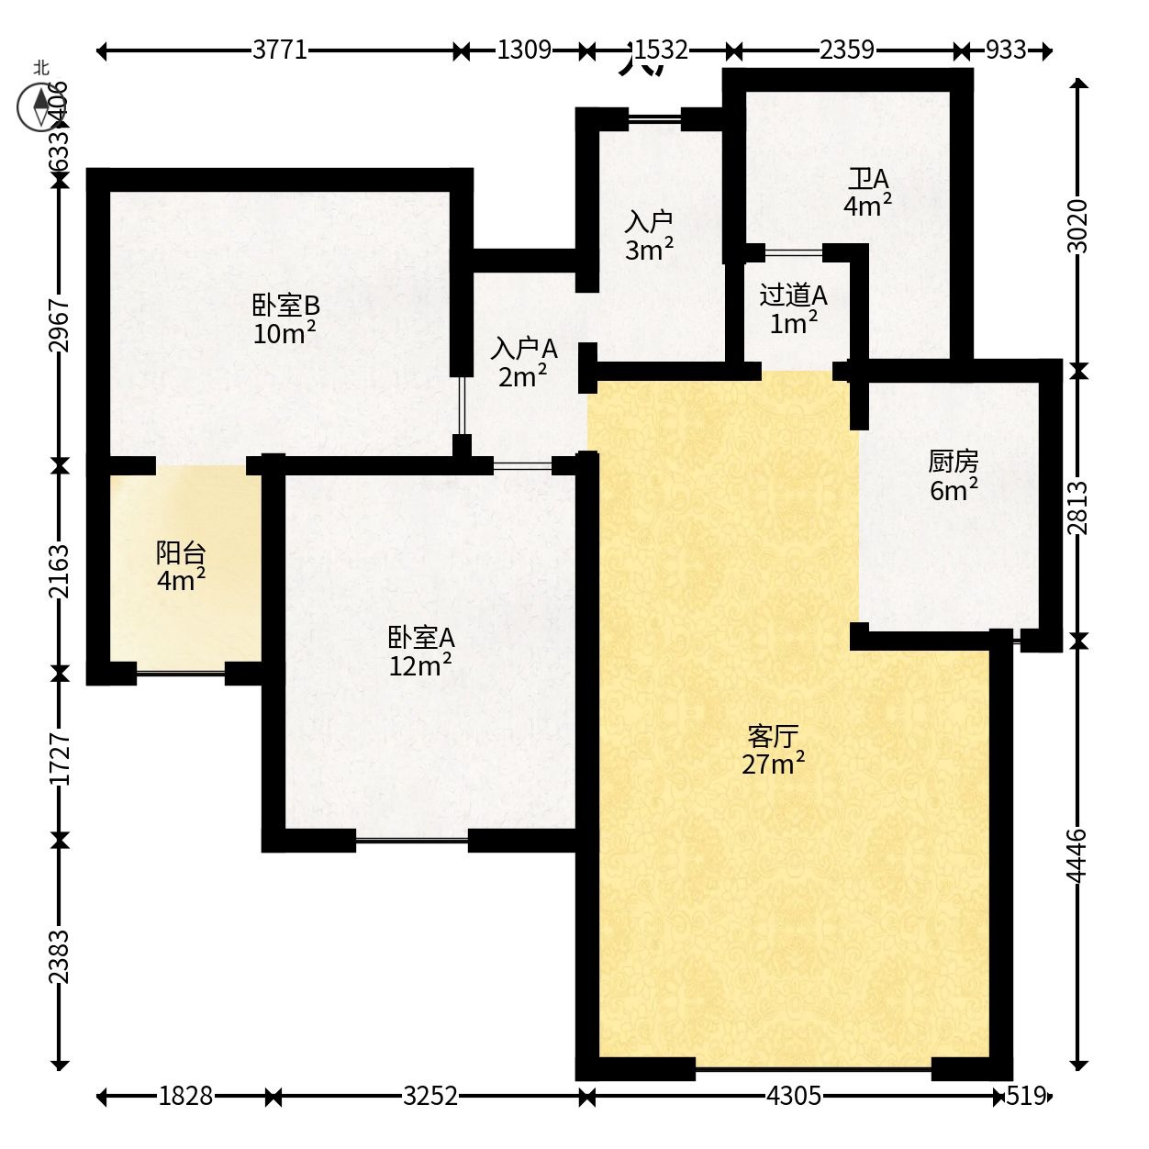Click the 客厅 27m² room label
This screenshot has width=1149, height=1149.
pos(773,751)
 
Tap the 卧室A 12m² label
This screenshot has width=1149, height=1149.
pos(421,652)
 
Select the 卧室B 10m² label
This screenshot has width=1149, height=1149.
pos(285,319)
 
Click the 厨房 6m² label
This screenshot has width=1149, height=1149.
pos(954,476)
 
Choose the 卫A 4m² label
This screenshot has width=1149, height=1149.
pos(868,193)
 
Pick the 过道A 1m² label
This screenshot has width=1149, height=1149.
pos(794,309)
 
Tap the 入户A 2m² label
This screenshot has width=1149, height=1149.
pos(523,363)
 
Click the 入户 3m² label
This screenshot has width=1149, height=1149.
pos(650,236)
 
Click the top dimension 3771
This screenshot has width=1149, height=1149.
pos(280,50)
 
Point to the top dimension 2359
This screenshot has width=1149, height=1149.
pos(847,50)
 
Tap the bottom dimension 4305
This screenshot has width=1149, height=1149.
pos(794,1096)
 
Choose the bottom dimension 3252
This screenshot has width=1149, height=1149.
pos(429,1096)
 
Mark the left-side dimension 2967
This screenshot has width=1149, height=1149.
pos(59,325)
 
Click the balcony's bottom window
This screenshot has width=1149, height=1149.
pos(181,674)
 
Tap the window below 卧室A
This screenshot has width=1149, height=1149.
pos(412,841)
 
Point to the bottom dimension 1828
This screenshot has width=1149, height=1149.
pos(185,1096)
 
